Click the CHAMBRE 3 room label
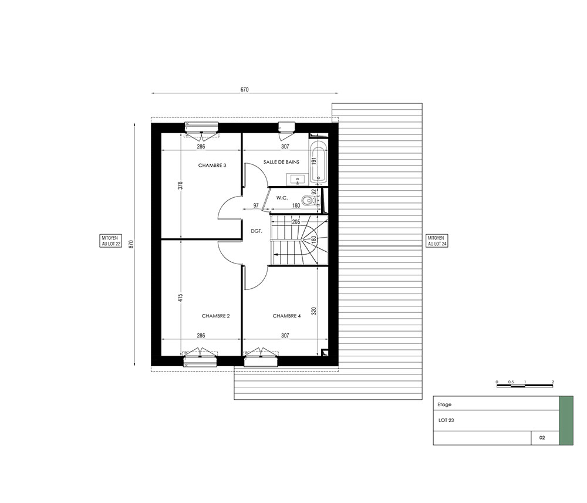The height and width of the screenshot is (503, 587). click(212, 166)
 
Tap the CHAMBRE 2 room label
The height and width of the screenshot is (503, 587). click(215, 316)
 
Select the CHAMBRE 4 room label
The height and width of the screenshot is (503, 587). click(287, 316)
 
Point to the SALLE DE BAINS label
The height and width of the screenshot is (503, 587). click(281, 162)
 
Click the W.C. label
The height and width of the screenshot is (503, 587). click(282, 198)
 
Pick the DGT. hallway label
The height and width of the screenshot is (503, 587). click(257, 231)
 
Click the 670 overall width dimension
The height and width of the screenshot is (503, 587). click(244, 89)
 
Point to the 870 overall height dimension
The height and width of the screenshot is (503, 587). click(131, 244)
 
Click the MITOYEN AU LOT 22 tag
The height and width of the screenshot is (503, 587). click(111, 241)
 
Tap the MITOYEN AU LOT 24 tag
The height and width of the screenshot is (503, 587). click(437, 241)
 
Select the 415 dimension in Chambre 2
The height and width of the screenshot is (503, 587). click(180, 298)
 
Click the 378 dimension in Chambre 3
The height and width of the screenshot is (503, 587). click(180, 186)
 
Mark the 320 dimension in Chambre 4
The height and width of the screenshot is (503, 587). click(313, 310)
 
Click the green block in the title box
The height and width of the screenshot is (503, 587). click(566, 421)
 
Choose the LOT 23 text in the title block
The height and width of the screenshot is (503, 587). click(446, 420)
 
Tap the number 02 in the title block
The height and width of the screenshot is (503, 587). click(542, 437)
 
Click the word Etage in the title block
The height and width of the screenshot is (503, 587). click(444, 404)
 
